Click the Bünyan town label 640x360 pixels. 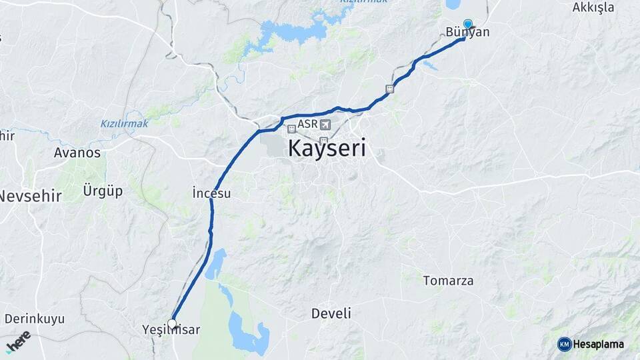pyautogui.click(x=468, y=33)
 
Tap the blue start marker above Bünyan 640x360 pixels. pyautogui.click(x=468, y=24)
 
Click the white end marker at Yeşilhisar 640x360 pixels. pyautogui.click(x=172, y=324)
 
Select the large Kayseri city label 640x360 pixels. pyautogui.click(x=327, y=148)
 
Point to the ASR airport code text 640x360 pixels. pyautogui.click(x=308, y=124)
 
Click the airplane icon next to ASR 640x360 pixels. pyautogui.click(x=325, y=125)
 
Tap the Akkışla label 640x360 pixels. pyautogui.click(x=593, y=7)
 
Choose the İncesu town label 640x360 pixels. pyautogui.click(x=211, y=193)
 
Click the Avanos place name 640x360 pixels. pyautogui.click(x=77, y=153)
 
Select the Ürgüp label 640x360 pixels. pyautogui.click(x=103, y=191)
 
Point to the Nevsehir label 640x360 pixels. pyautogui.click(x=31, y=196)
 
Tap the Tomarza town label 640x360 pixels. pyautogui.click(x=448, y=281)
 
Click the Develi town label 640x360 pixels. pyautogui.click(x=331, y=313)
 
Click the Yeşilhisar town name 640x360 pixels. pyautogui.click(x=171, y=330)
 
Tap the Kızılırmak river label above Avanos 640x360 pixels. pyautogui.click(x=124, y=123)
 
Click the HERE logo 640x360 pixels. pyautogui.click(x=18, y=341)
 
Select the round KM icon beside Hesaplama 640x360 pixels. pyautogui.click(x=565, y=344)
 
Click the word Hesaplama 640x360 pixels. pyautogui.click(x=599, y=344)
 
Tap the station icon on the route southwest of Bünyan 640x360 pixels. pyautogui.click(x=389, y=89)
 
